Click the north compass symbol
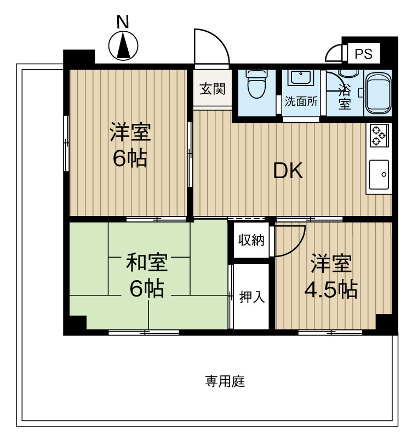(123, 45)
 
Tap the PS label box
(363, 54)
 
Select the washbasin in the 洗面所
(301, 78)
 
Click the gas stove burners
(379, 135)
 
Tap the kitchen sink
(379, 174)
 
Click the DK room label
(288, 170)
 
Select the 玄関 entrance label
(212, 89)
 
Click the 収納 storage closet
(251, 240)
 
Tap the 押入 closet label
(251, 297)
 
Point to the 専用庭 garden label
(225, 381)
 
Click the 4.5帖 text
(330, 289)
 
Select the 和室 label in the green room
(147, 263)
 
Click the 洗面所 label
(301, 101)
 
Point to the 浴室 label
(345, 98)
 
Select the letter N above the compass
(123, 22)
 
